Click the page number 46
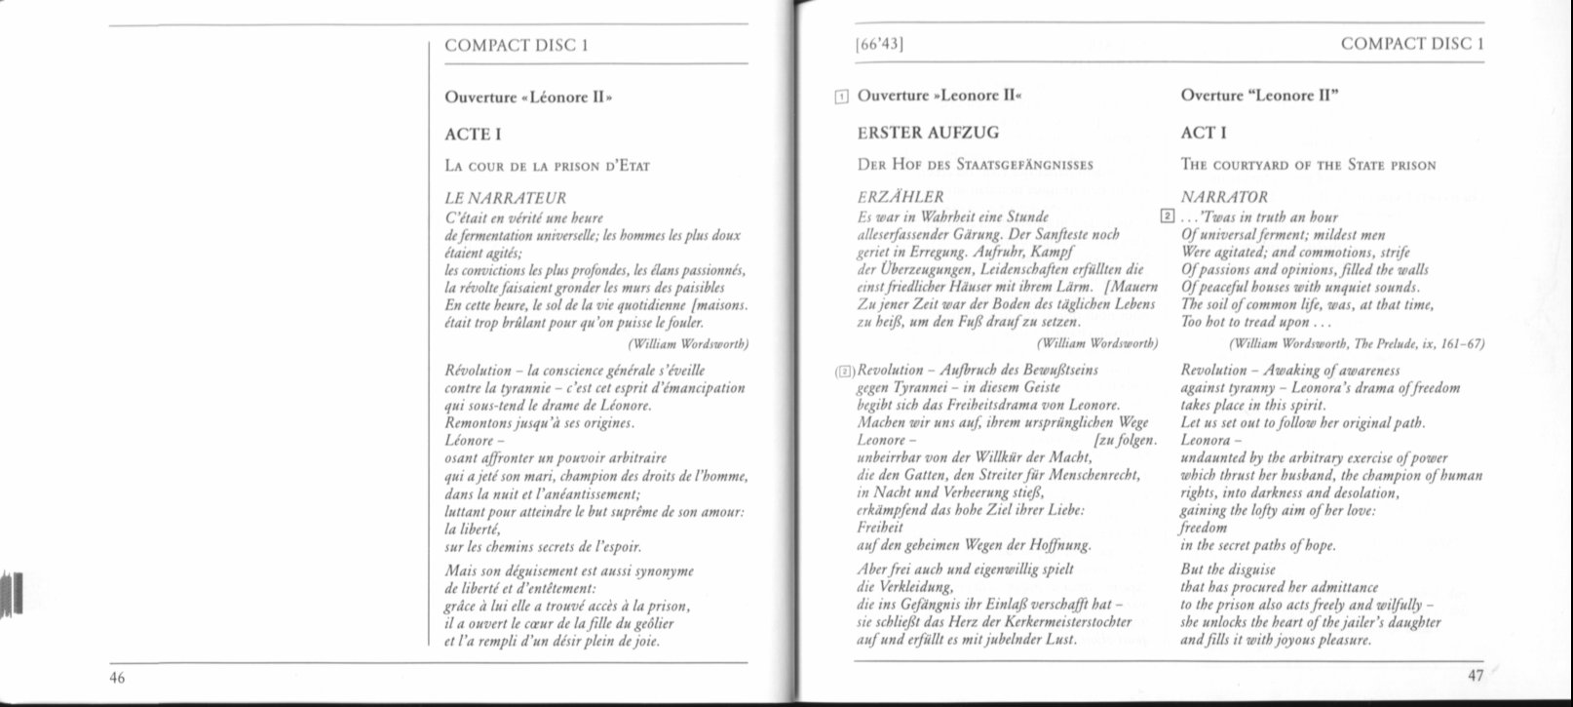(x=117, y=679)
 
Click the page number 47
(x=1476, y=677)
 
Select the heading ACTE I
(x=475, y=134)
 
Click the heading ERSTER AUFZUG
(x=928, y=133)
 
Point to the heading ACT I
(x=1204, y=133)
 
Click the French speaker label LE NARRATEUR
(x=505, y=199)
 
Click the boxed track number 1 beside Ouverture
(x=842, y=97)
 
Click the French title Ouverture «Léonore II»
(x=528, y=97)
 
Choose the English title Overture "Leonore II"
(x=1260, y=96)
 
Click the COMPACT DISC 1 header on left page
(x=516, y=45)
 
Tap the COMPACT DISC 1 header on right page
(x=1412, y=44)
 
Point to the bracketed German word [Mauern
(x=1132, y=287)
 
